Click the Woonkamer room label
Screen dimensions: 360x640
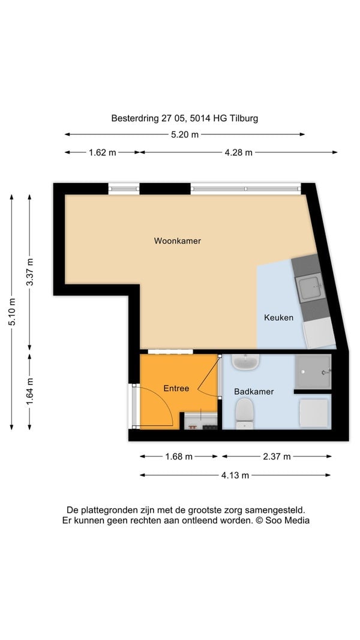(x=177, y=241)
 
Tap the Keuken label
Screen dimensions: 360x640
(x=278, y=317)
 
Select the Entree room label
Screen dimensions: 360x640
(x=176, y=388)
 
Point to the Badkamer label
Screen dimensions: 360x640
(x=253, y=392)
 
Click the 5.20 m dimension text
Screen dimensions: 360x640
(x=185, y=135)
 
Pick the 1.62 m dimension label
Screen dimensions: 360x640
(x=103, y=153)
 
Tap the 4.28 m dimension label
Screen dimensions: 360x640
(x=238, y=153)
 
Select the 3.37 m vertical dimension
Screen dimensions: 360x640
(x=30, y=272)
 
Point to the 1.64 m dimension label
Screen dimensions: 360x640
(x=30, y=392)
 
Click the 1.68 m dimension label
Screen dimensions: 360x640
(x=179, y=456)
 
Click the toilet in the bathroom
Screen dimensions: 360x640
(x=244, y=413)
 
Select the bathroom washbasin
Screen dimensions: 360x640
(x=245, y=362)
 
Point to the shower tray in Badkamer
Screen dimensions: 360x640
(x=313, y=372)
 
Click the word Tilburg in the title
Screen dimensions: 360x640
(x=244, y=119)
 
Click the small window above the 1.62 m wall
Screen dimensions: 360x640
(x=124, y=188)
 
